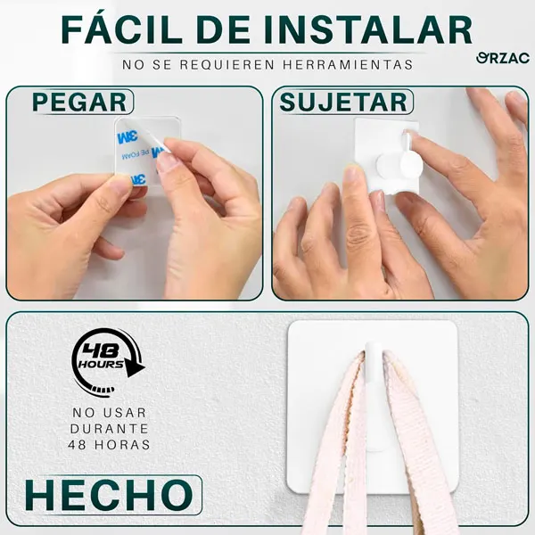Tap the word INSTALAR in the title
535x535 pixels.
(x=375, y=29)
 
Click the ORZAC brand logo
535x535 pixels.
(x=503, y=58)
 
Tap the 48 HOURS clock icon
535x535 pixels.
(x=104, y=360)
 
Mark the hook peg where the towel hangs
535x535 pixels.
(x=373, y=352)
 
